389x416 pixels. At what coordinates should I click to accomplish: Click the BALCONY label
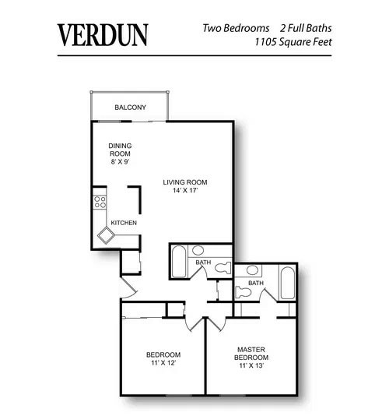click(130, 108)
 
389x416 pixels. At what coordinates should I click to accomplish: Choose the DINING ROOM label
click(120, 150)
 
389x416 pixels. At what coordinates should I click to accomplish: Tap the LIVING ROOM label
click(185, 182)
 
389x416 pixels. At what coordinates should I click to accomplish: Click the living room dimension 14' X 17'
click(185, 191)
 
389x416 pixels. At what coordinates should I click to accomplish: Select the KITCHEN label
click(124, 223)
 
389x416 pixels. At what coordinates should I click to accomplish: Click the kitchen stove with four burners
click(100, 203)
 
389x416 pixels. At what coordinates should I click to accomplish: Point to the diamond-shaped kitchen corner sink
click(103, 234)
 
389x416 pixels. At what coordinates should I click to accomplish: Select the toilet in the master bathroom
click(244, 291)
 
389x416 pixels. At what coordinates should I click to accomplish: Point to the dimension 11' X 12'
click(164, 363)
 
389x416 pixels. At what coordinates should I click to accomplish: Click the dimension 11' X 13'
click(252, 367)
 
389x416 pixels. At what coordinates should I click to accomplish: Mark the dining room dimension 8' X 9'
click(120, 163)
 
